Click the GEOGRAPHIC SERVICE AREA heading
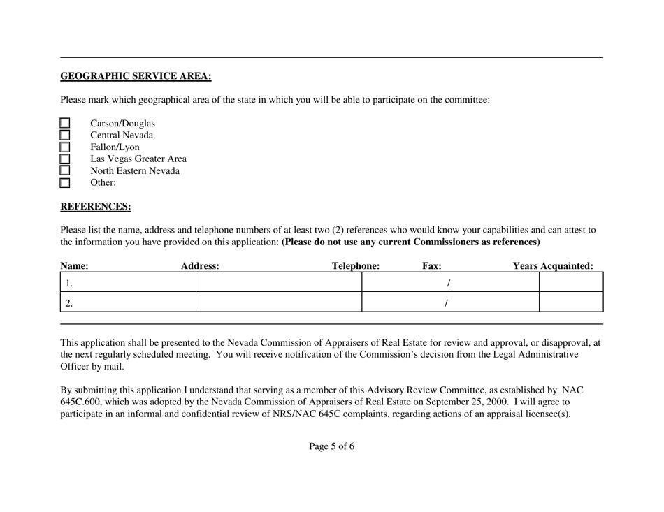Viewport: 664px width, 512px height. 136,76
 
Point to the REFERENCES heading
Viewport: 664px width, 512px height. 96,207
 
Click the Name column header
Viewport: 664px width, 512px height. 74,266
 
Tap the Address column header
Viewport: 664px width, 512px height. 200,266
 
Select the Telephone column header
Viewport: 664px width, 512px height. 356,266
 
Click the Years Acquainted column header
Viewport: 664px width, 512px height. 553,266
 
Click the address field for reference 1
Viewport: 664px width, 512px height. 278,283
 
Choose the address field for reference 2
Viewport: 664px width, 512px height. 278,302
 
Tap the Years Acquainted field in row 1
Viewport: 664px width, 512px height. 570,283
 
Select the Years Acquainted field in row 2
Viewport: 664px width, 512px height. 570,302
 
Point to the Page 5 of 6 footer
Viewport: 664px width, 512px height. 331,447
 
